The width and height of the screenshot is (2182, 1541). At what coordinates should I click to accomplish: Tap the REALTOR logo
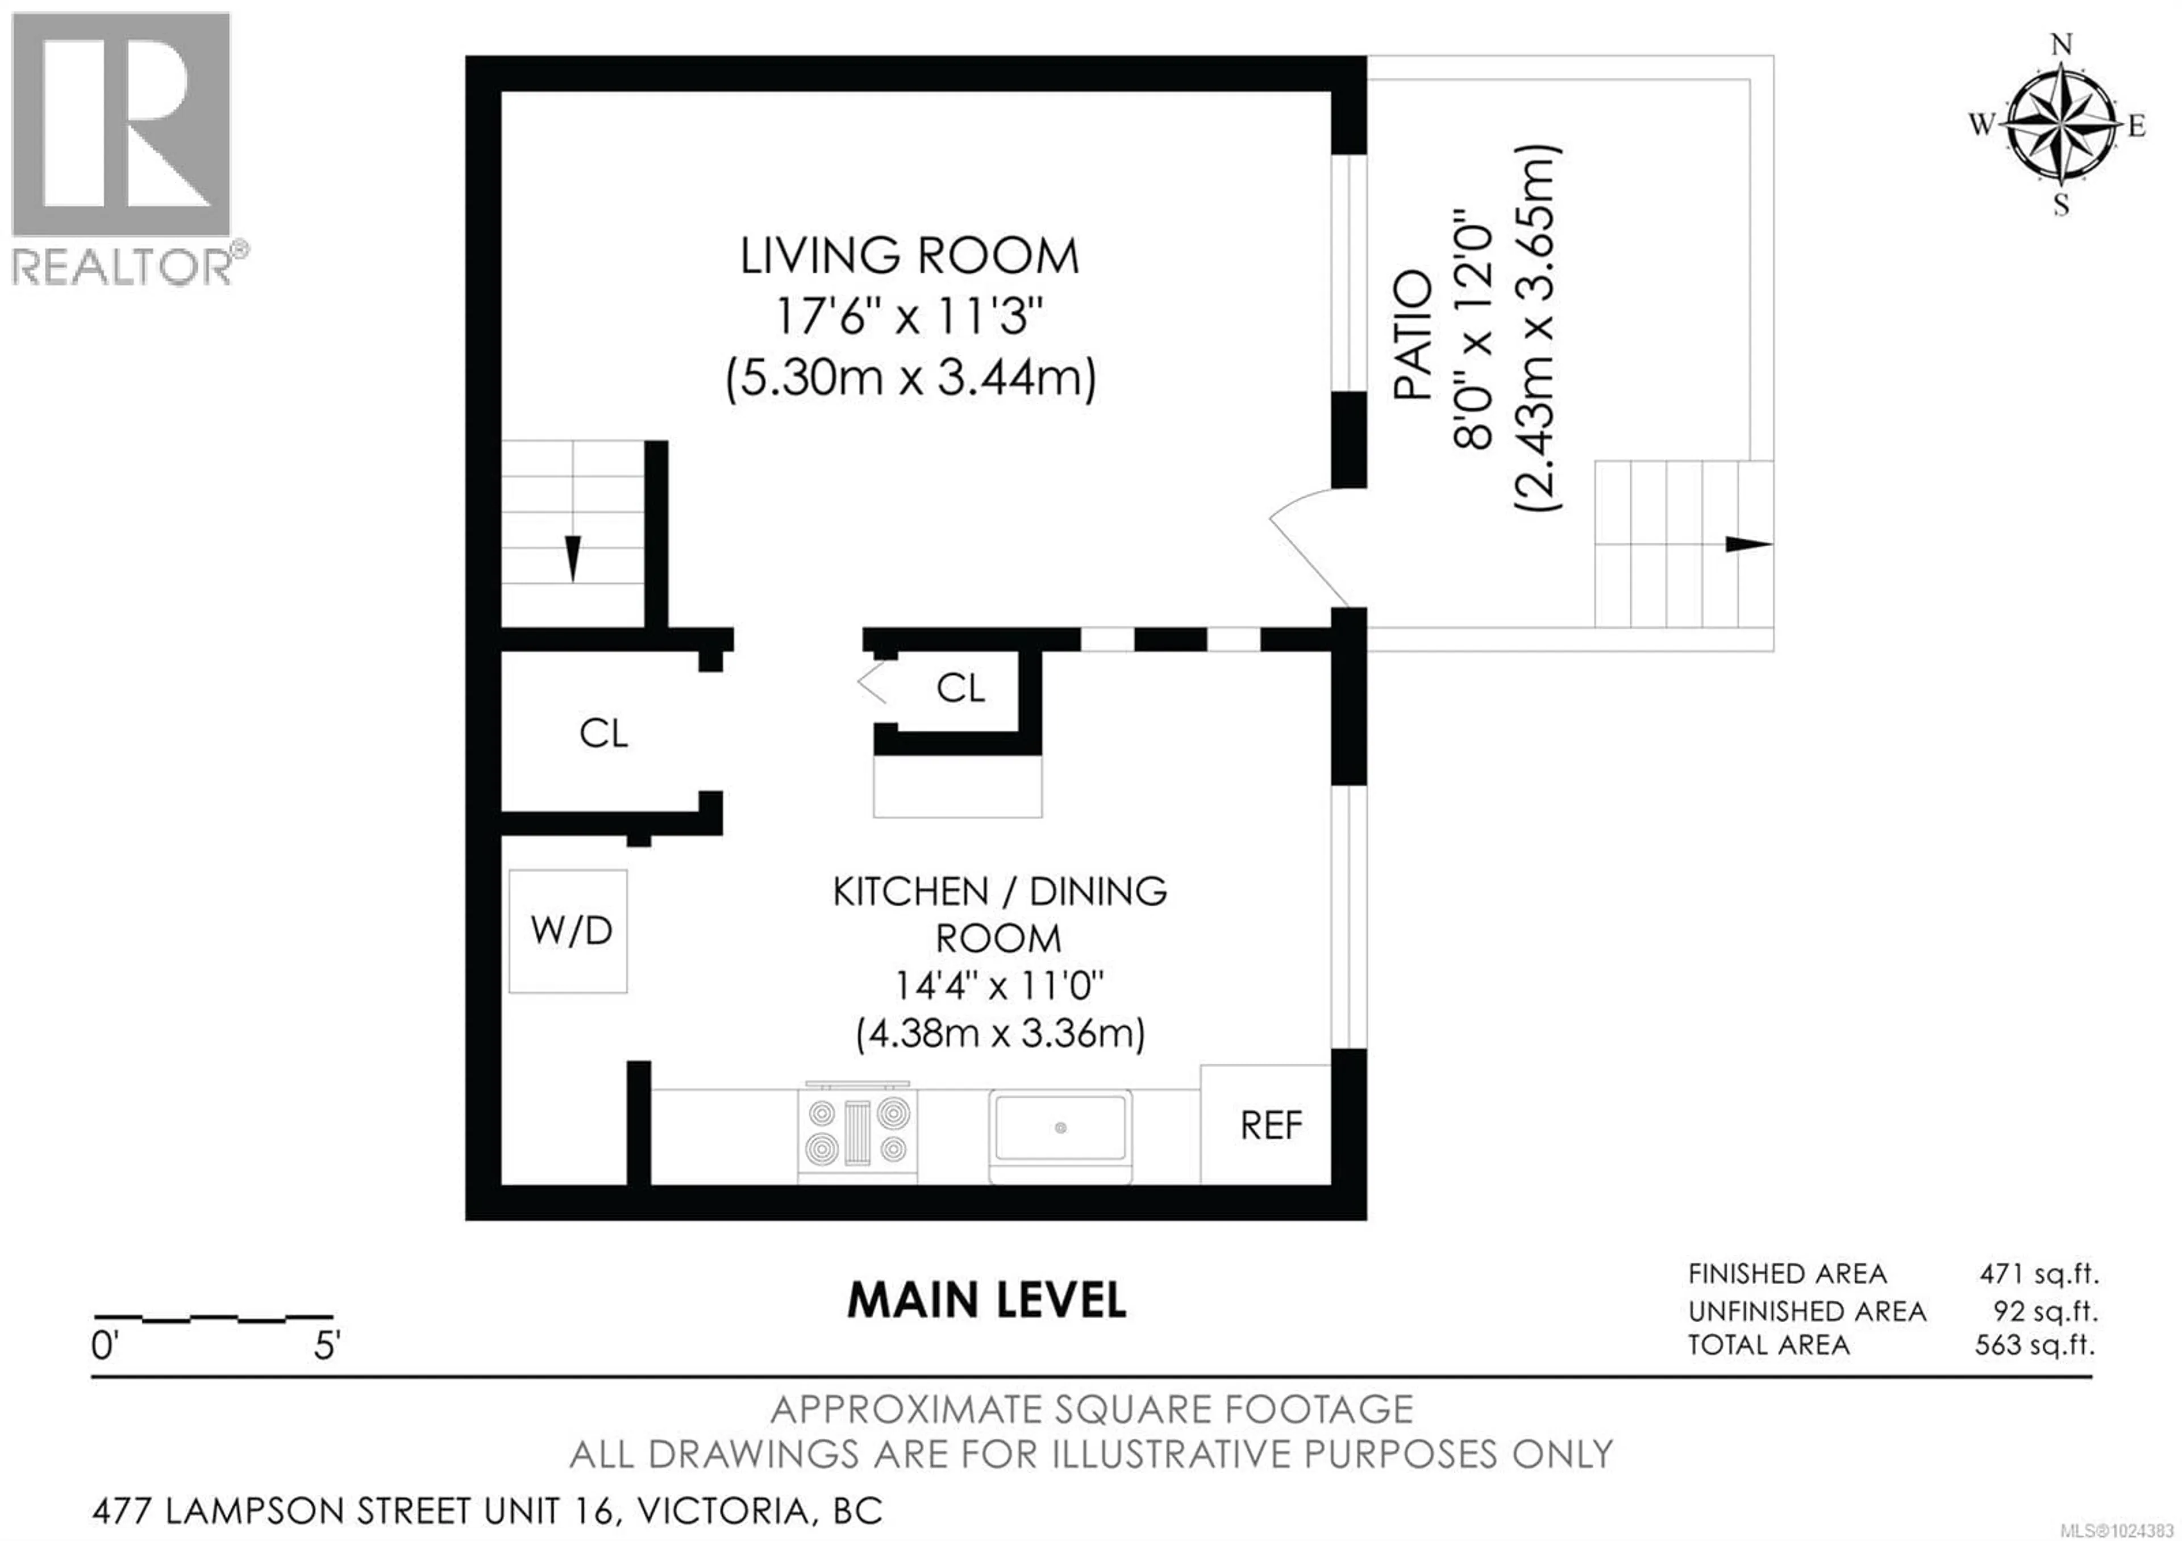tap(122, 147)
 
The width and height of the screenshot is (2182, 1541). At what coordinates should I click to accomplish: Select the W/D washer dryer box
tap(568, 931)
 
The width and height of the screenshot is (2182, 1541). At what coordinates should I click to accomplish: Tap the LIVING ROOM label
tap(910, 256)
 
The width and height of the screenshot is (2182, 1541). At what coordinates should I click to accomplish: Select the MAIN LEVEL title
tap(986, 1301)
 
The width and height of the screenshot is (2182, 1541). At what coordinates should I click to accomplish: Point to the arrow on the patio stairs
tap(1747, 544)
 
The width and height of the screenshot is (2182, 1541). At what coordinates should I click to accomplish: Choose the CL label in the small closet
tap(960, 688)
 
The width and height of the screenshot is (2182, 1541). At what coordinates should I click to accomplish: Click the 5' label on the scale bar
tap(327, 1346)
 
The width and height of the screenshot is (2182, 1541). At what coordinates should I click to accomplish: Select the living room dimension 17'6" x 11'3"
tap(910, 316)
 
